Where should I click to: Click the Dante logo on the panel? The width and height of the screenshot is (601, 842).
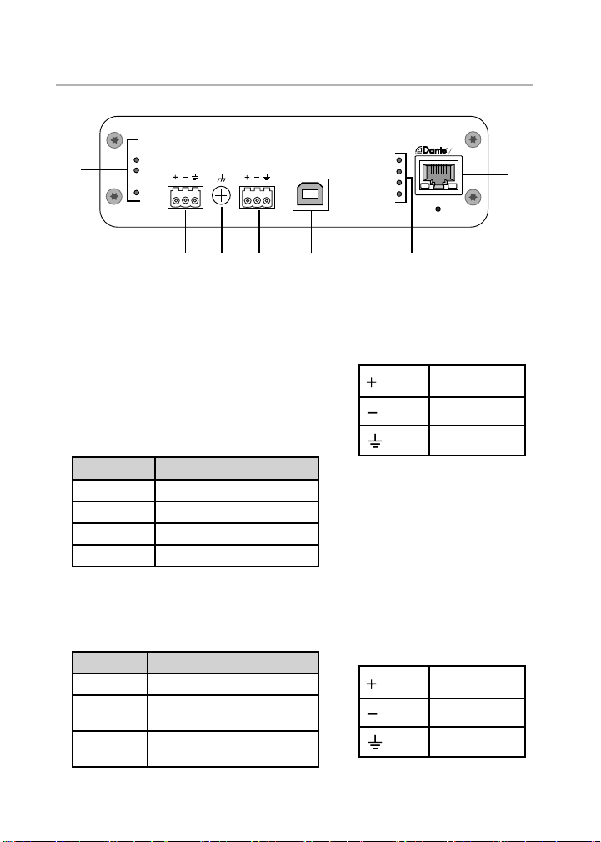434,151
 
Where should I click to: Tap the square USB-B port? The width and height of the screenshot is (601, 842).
310,195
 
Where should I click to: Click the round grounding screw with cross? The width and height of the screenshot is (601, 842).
222,196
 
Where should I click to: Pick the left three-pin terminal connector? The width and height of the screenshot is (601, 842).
185,198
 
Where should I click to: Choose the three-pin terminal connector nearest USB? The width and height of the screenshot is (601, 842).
257,198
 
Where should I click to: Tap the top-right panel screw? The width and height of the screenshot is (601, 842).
474,139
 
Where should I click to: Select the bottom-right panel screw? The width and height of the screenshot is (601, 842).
474,198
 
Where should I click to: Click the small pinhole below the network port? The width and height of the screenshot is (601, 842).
439,209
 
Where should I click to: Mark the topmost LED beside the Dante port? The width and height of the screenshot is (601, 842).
399,159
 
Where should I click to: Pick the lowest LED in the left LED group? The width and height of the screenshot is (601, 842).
137,194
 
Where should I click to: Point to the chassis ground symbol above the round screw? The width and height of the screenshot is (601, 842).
222,178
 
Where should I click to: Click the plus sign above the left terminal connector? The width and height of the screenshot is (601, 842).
175,177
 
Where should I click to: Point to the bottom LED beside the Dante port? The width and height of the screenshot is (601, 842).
399,194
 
